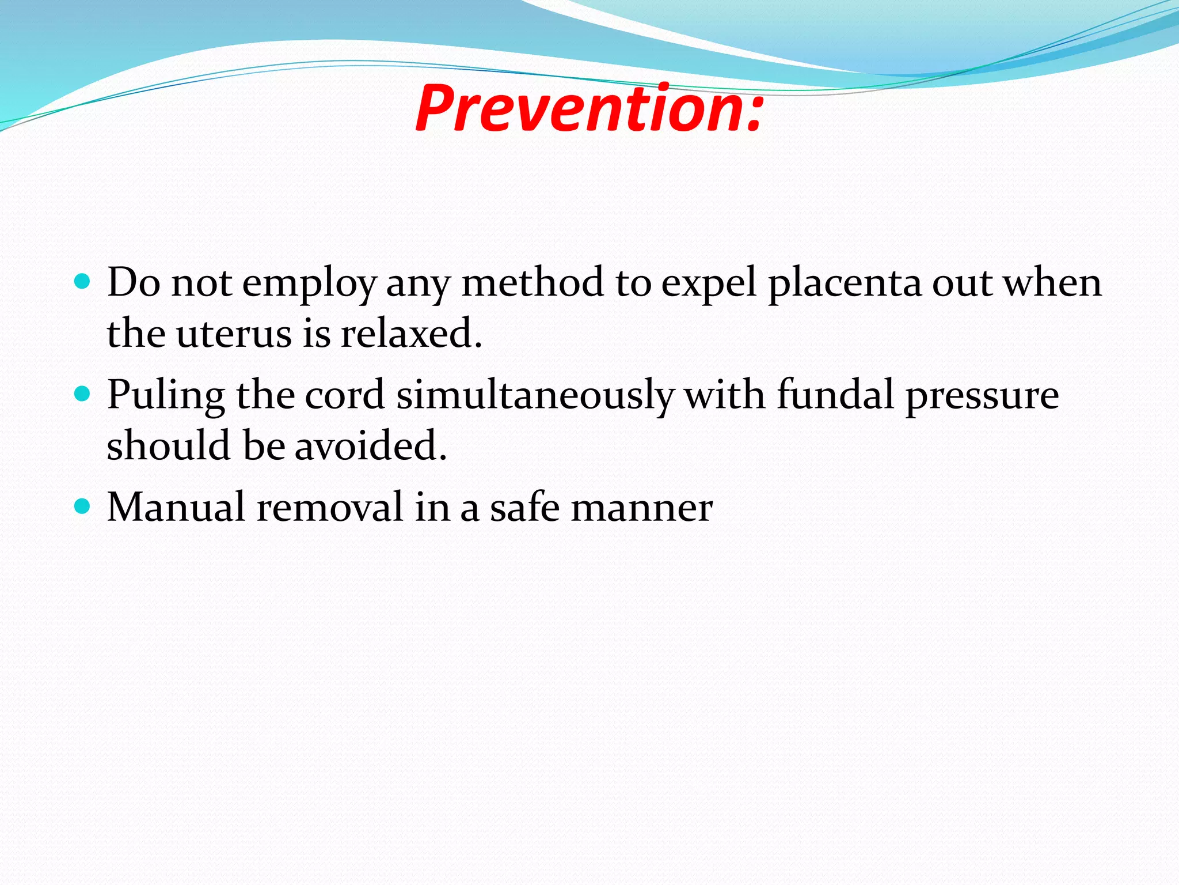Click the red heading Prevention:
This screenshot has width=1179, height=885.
[x=589, y=108]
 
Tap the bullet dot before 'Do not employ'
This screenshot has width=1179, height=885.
[x=83, y=282]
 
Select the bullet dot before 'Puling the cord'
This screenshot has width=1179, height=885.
[x=83, y=394]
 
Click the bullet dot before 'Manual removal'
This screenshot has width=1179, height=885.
[x=83, y=506]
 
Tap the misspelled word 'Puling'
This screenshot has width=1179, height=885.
[x=166, y=396]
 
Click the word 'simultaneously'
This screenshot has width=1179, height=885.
[x=535, y=396]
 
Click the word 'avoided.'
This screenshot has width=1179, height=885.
[x=371, y=446]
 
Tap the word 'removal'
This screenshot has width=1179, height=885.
[x=330, y=507]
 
